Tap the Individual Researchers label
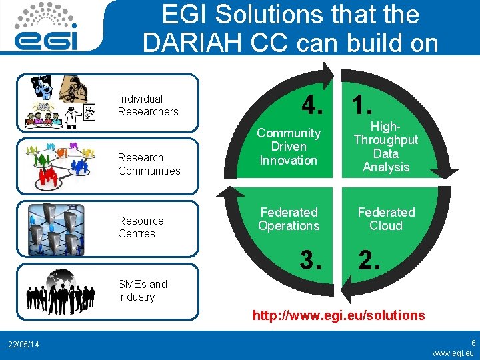click(x=148, y=105)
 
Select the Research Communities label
click(x=149, y=164)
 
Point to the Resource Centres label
click(x=141, y=227)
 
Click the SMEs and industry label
click(x=142, y=291)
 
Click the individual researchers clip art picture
click(x=58, y=101)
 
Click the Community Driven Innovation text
click(x=289, y=147)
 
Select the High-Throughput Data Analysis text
click(x=386, y=147)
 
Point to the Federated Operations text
click(x=289, y=219)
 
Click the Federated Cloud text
click(x=386, y=219)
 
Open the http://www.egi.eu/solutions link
click(x=338, y=315)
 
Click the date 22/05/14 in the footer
click(x=23, y=344)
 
